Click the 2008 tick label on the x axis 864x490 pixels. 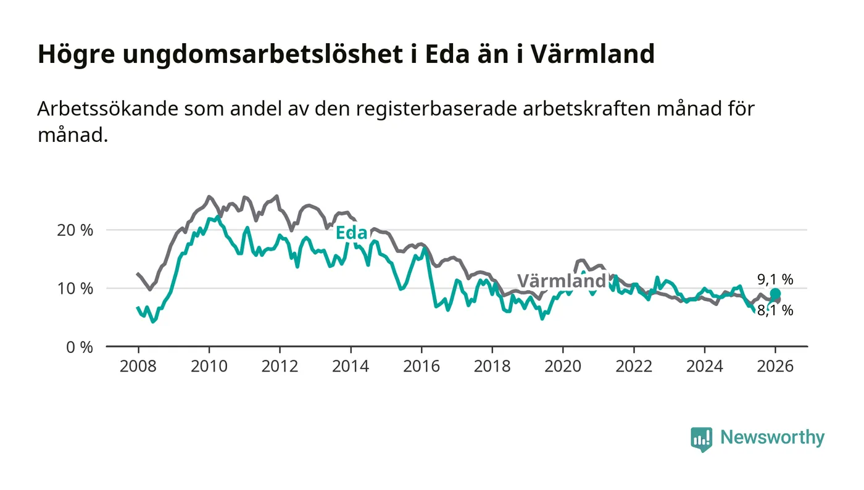click(138, 366)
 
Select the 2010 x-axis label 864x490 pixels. click(209, 366)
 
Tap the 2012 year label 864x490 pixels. click(280, 366)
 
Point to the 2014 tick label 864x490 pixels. click(351, 366)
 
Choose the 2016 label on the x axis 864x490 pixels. click(422, 366)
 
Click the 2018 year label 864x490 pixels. click(492, 366)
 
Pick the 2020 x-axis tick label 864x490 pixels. click(563, 366)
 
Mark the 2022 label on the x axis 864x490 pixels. click(634, 366)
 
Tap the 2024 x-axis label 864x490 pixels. click(705, 366)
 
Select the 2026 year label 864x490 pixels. click(775, 366)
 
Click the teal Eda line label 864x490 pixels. click(351, 233)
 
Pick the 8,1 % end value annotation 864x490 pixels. click(775, 310)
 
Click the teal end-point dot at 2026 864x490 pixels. click(775, 294)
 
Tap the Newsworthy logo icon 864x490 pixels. click(701, 439)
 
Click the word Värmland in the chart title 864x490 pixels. click(592, 54)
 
